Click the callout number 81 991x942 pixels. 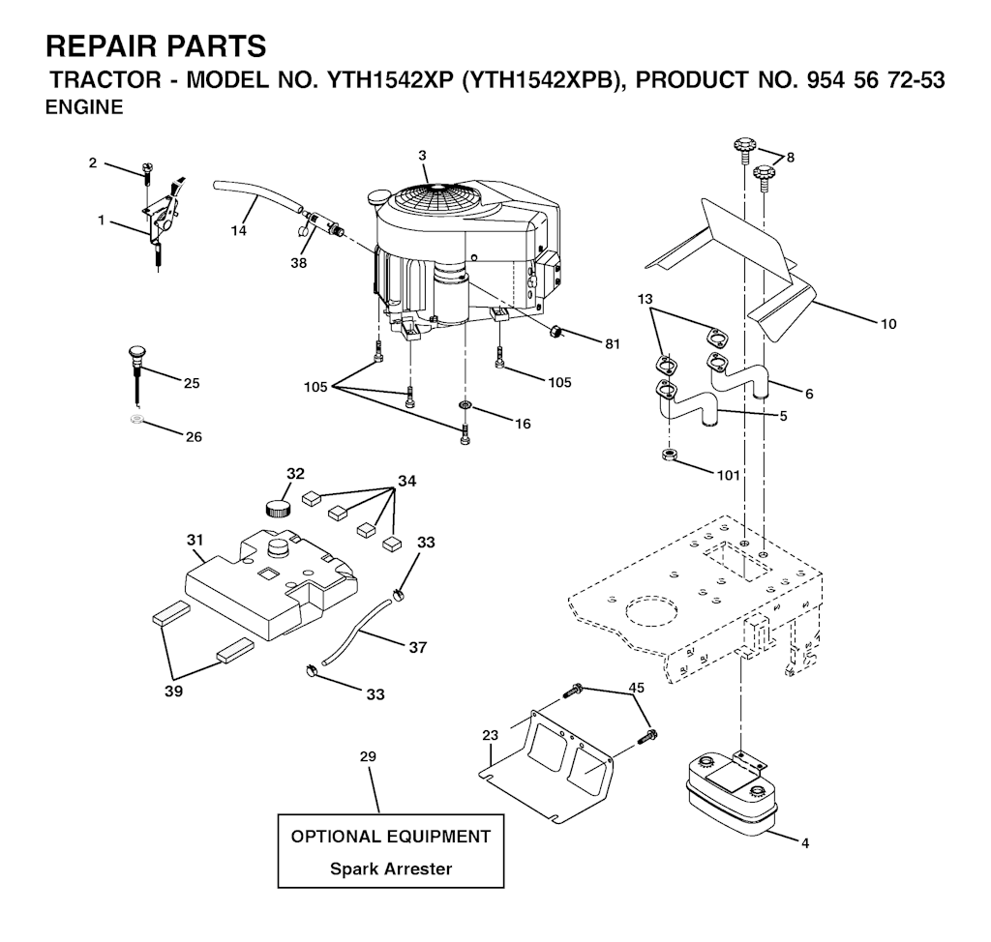(612, 343)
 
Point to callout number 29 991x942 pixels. (368, 756)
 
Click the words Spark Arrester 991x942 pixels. (391, 868)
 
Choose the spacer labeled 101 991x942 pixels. (669, 455)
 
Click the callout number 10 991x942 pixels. (888, 324)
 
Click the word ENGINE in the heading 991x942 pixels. (85, 107)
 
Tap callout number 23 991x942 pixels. (490, 735)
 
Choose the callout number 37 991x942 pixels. (418, 647)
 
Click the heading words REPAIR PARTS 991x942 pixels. (156, 46)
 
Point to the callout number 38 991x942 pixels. (298, 262)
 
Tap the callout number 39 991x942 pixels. (173, 692)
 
